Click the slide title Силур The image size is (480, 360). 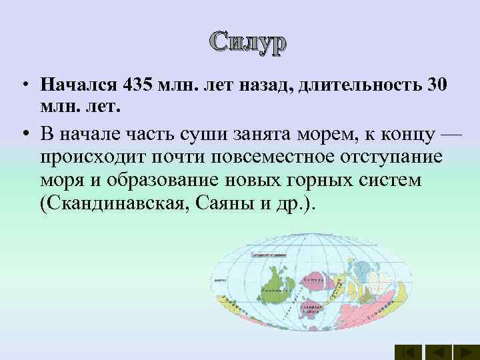point(248,43)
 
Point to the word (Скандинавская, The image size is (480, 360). point(114,203)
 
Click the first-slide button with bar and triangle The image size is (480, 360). point(408,352)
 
